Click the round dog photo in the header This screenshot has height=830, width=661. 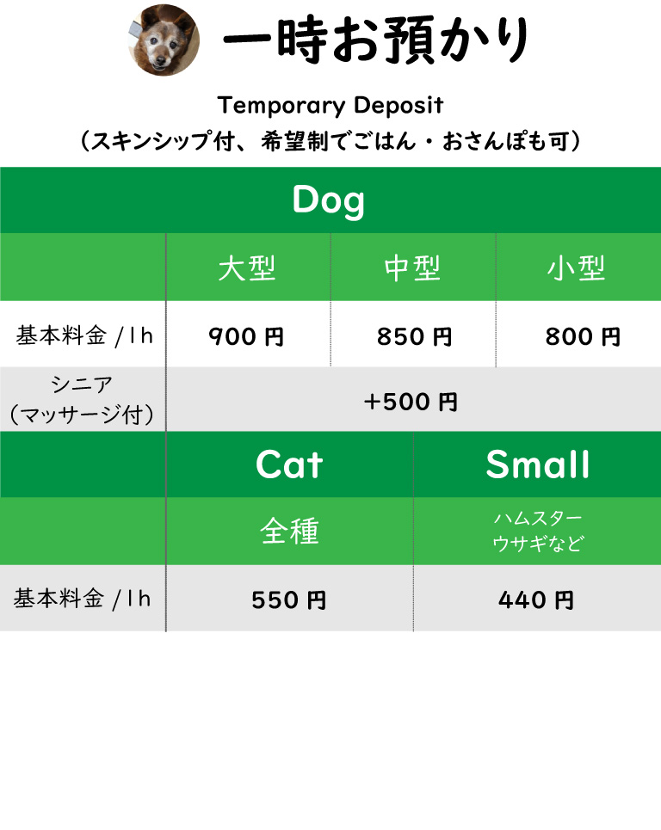tap(164, 40)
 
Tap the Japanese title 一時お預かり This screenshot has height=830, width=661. tap(375, 40)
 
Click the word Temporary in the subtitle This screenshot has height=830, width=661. tap(281, 106)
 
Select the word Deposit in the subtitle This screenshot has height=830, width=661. tap(398, 105)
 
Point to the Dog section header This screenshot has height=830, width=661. tap(329, 200)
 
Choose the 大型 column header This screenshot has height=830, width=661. tap(247, 268)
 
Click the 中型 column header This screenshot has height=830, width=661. tap(412, 268)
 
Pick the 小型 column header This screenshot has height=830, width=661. tap(577, 268)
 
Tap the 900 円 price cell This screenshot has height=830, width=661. tap(246, 336)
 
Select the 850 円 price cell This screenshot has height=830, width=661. tap(414, 336)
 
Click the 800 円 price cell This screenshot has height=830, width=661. tap(583, 336)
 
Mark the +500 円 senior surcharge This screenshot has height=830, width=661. tap(411, 402)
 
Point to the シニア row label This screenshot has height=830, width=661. tap(82, 384)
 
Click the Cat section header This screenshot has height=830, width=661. tap(289, 464)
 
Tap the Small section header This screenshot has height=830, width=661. tap(538, 464)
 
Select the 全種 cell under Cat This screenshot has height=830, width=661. tap(289, 531)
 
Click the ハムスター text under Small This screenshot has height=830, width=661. tap(538, 519)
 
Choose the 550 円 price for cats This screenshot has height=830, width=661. tap(288, 600)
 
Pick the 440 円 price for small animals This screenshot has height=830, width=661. tap(536, 600)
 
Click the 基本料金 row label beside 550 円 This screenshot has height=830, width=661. tap(59, 599)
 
